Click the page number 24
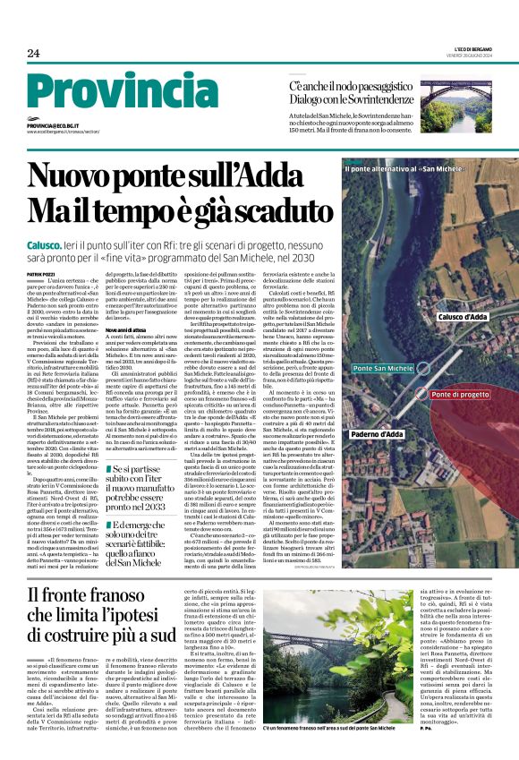coord(33,54)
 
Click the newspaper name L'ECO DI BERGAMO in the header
coord(472,51)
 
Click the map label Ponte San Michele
coord(383,369)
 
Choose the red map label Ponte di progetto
coord(460,394)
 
